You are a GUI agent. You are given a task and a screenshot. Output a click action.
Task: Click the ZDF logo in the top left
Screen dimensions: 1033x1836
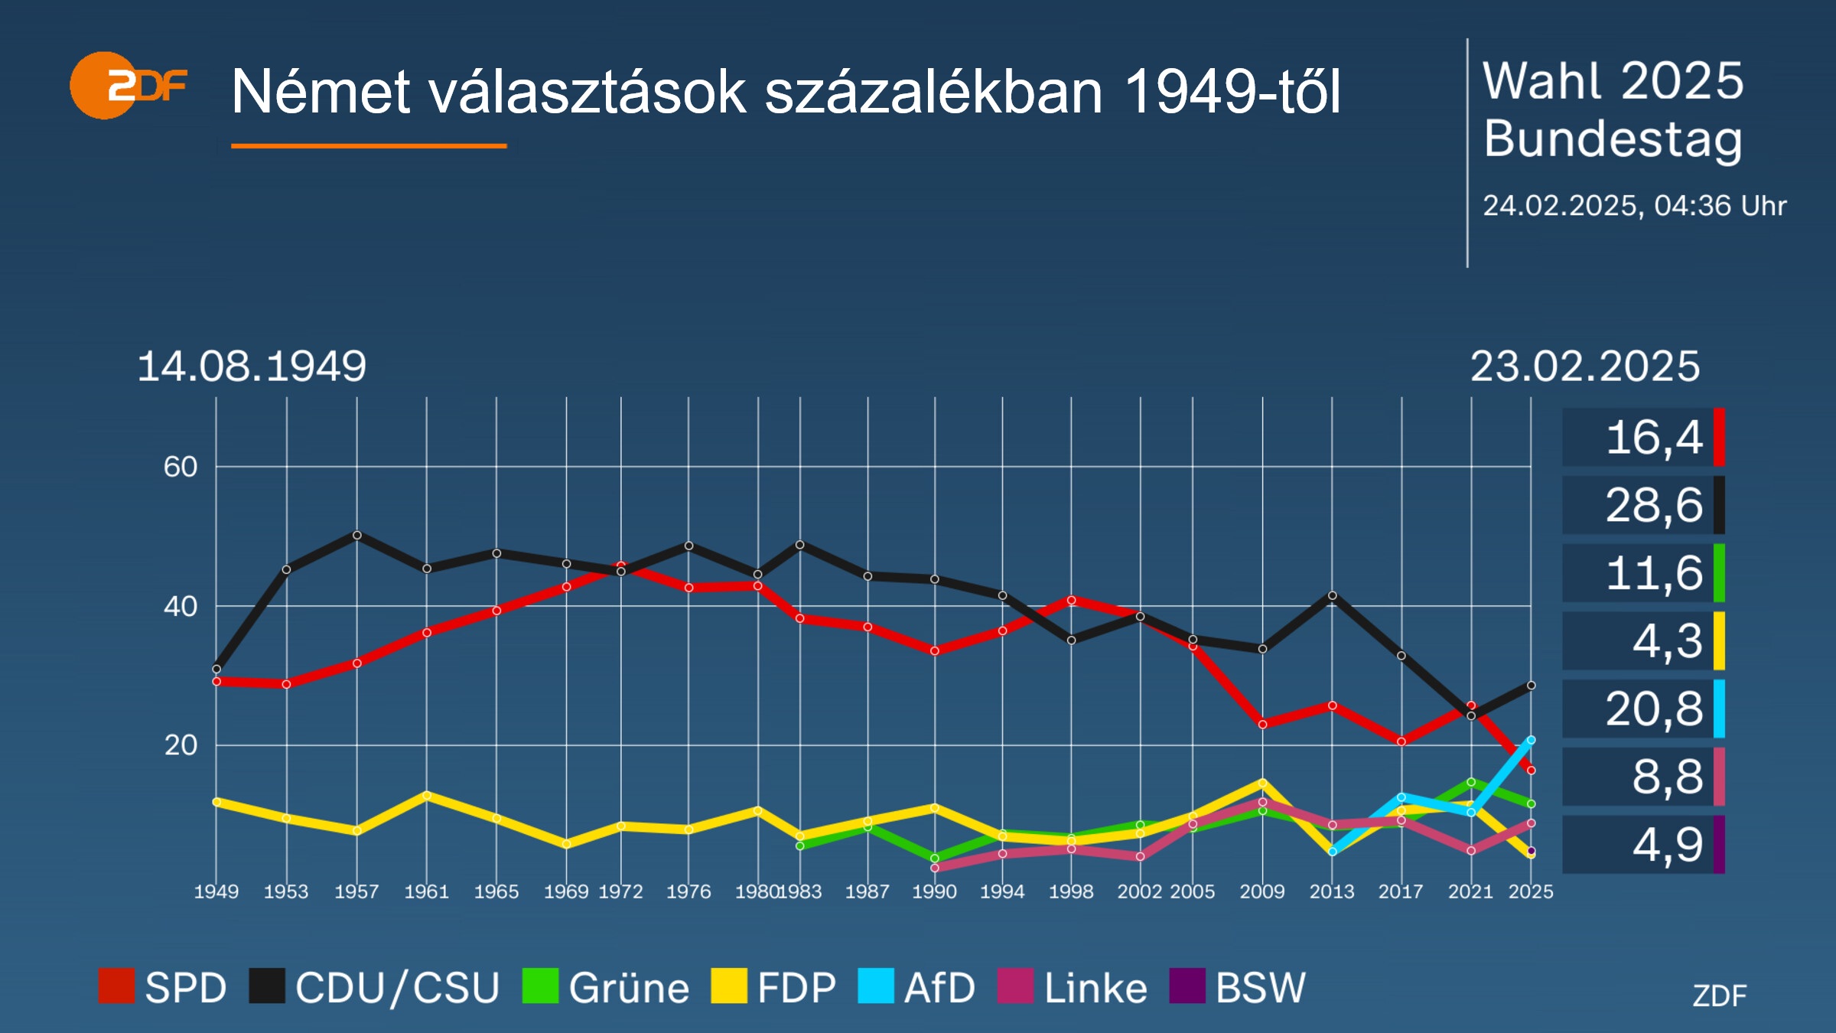(128, 86)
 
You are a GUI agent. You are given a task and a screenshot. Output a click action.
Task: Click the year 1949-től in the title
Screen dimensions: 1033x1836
(1232, 92)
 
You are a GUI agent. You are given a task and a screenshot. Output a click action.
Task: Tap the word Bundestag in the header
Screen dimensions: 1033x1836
(1613, 139)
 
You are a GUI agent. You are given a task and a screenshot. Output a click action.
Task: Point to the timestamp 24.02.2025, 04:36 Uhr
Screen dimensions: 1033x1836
(1634, 205)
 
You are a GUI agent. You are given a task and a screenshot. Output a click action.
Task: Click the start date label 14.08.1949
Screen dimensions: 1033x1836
(252, 366)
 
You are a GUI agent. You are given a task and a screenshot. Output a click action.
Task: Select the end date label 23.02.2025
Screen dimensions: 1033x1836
(1584, 367)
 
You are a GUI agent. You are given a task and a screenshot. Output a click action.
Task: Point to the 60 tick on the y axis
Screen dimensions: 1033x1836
(181, 467)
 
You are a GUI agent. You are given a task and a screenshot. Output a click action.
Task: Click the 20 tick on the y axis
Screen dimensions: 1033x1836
(181, 745)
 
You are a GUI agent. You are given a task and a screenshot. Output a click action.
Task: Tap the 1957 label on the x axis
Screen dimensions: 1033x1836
(356, 891)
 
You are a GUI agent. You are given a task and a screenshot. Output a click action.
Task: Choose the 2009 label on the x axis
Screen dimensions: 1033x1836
(1262, 891)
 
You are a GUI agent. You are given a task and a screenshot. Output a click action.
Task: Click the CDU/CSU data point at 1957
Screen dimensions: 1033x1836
(356, 535)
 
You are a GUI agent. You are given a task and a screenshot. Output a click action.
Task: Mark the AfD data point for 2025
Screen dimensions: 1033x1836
(1531, 740)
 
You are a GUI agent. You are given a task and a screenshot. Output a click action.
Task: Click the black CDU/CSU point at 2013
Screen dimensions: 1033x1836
(1332, 595)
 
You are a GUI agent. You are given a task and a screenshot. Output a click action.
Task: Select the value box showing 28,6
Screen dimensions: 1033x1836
(1643, 505)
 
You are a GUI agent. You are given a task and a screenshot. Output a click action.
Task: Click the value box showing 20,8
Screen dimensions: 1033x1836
(1643, 709)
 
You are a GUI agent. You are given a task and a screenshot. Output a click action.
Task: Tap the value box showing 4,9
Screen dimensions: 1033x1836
(1643, 845)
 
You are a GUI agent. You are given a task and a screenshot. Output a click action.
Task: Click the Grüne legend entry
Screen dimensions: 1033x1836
(606, 987)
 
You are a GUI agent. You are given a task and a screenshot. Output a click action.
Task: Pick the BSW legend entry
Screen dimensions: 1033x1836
(1238, 987)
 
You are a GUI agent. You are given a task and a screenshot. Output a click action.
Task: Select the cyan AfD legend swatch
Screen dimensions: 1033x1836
(875, 986)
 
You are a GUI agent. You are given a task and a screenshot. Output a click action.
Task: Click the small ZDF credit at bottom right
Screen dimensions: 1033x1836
(1719, 996)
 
